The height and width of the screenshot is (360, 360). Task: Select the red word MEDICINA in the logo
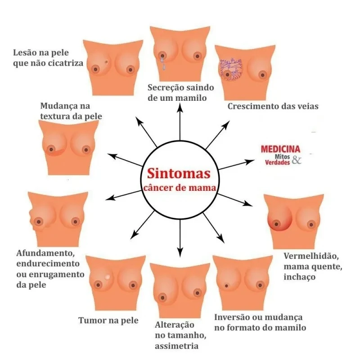click(281, 149)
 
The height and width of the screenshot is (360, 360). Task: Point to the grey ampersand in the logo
click(297, 159)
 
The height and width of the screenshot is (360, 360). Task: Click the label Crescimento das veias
click(273, 107)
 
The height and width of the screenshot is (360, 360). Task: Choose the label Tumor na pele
click(108, 320)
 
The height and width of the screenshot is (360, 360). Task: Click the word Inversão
click(233, 317)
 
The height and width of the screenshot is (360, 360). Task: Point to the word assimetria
click(176, 346)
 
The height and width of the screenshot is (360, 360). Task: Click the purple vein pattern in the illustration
click(231, 70)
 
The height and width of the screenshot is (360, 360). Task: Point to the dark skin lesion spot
click(106, 62)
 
